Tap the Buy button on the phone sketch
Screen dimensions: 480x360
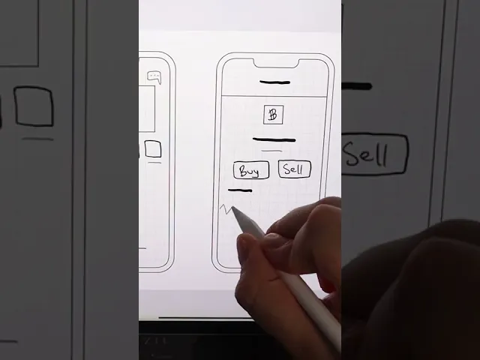[251, 170]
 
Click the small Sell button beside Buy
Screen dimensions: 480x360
[295, 169]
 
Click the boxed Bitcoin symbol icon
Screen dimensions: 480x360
[273, 115]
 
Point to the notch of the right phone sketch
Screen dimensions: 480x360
[276, 64]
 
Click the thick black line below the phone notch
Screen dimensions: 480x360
[274, 82]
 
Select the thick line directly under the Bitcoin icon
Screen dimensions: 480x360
[274, 140]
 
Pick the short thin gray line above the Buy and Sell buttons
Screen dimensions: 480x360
[272, 151]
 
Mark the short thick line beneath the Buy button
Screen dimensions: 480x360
[240, 190]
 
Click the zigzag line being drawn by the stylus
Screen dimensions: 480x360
[226, 208]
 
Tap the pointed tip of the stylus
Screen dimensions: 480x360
[232, 208]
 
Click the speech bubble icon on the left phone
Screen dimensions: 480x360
[154, 77]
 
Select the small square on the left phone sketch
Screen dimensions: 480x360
[153, 148]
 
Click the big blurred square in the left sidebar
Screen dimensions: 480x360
[34, 106]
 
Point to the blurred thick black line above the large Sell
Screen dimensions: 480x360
[357, 86]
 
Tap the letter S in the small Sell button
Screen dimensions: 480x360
[287, 169]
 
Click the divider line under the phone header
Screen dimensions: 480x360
[274, 96]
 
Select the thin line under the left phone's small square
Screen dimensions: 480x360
[154, 163]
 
